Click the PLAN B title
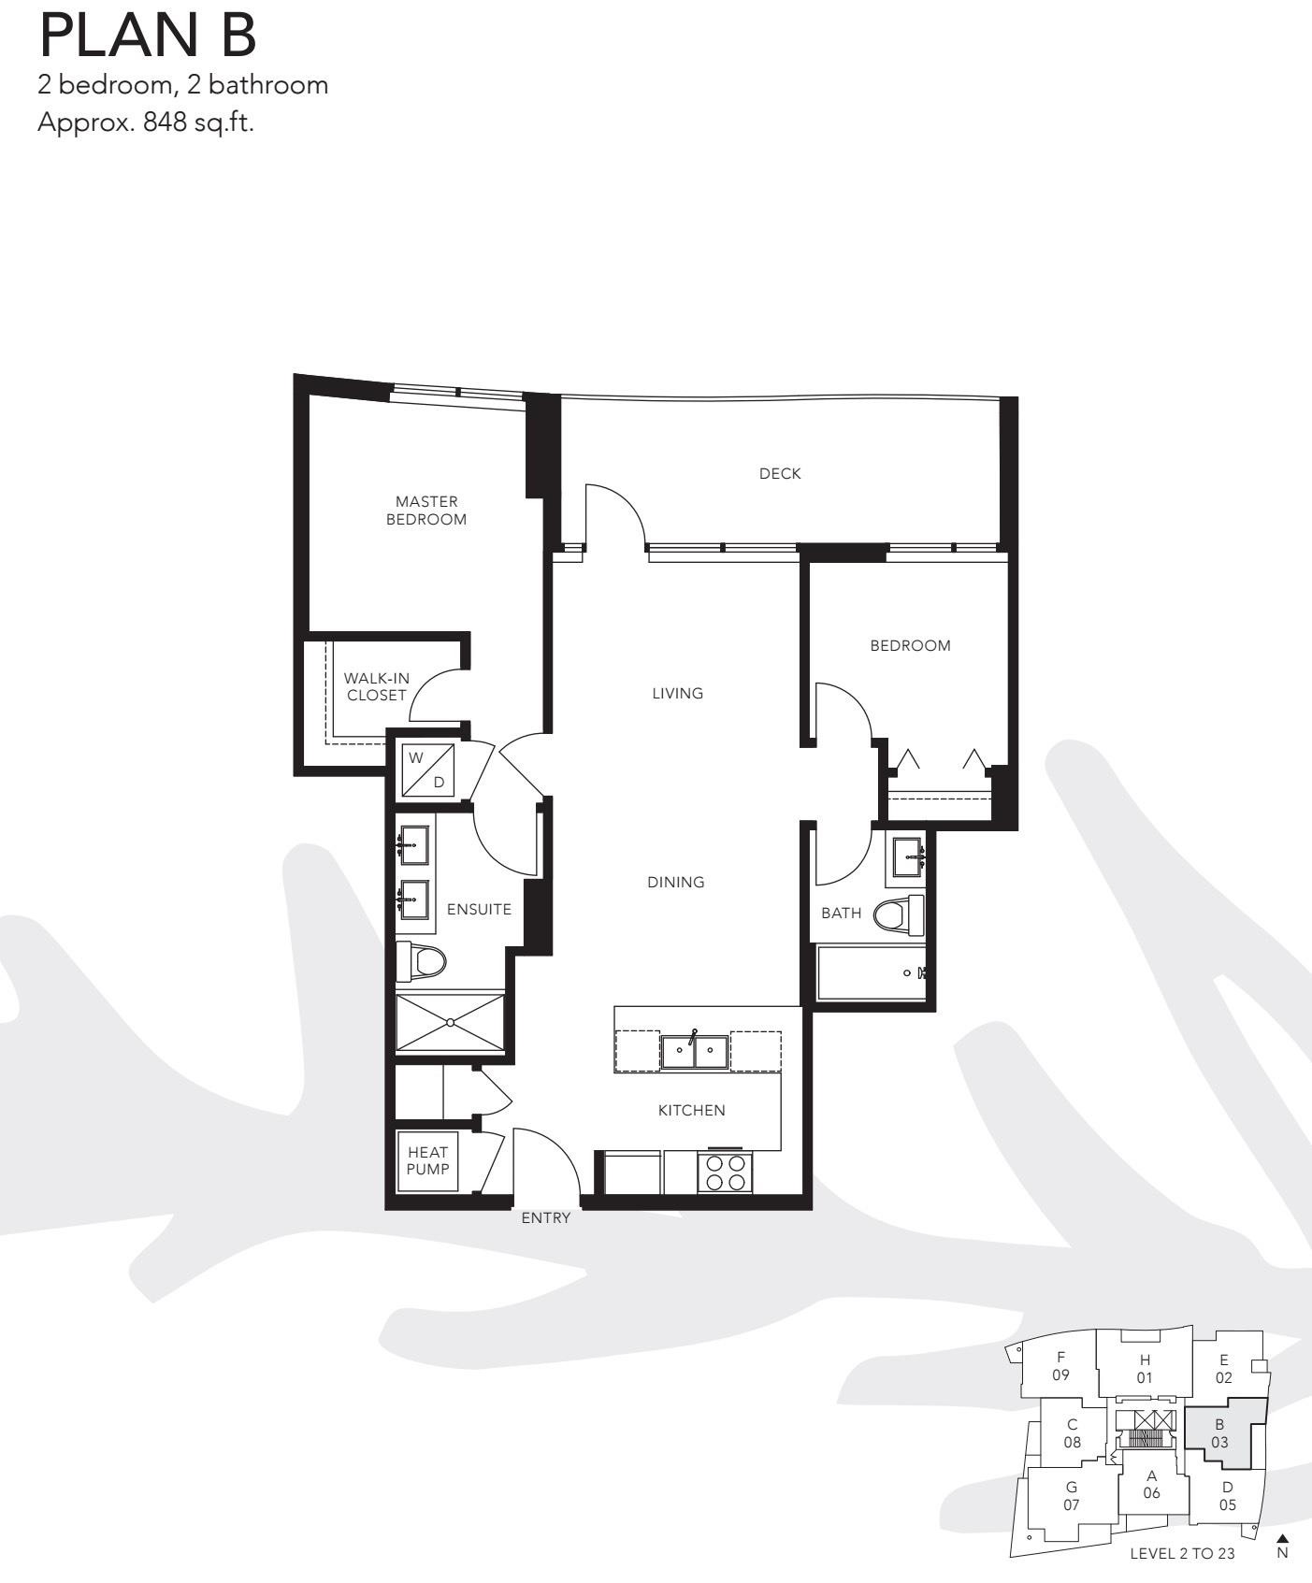[x=147, y=35]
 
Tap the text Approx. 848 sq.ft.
[x=145, y=122]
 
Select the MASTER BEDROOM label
[x=426, y=511]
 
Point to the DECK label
[x=780, y=474]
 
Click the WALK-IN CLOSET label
[x=377, y=686]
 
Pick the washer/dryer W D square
[x=427, y=770]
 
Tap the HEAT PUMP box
[x=427, y=1161]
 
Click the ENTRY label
[x=545, y=1217]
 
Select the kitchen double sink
[x=694, y=1051]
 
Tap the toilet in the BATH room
[x=899, y=914]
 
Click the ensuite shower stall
[x=451, y=1023]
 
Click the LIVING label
[x=678, y=694]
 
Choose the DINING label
[x=676, y=882]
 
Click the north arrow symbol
[x=1283, y=1539]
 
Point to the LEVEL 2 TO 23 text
[x=1182, y=1554]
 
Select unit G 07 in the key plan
[x=1071, y=1496]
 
